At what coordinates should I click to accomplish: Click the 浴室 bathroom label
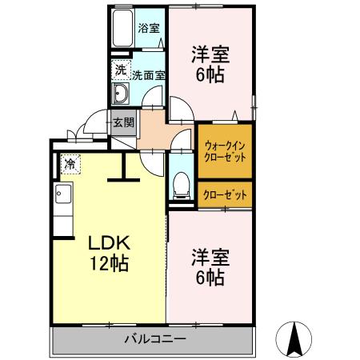click(x=149, y=28)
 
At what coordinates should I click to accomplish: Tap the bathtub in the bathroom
click(x=122, y=30)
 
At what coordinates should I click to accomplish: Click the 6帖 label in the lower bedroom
click(x=210, y=278)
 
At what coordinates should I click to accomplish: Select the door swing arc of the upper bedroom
click(x=181, y=110)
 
